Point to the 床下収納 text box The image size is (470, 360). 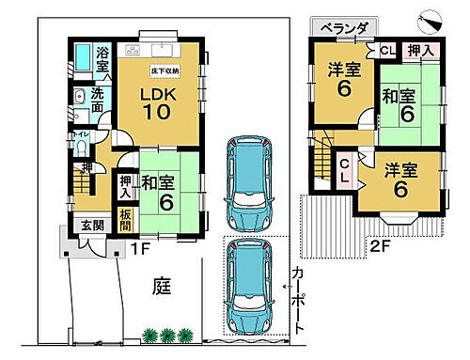(165, 70)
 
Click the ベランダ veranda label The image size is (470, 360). (343, 29)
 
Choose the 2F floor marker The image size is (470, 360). (380, 247)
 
